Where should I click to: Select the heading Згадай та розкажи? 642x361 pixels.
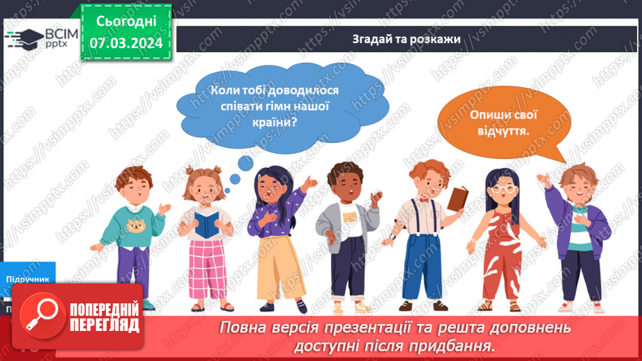coord(406,39)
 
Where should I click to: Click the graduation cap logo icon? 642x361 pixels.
coord(24,37)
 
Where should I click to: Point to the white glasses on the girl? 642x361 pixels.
coord(505,189)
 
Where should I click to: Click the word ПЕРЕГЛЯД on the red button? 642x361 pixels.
coord(103,325)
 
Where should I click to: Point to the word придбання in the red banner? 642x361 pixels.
coord(459,346)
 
